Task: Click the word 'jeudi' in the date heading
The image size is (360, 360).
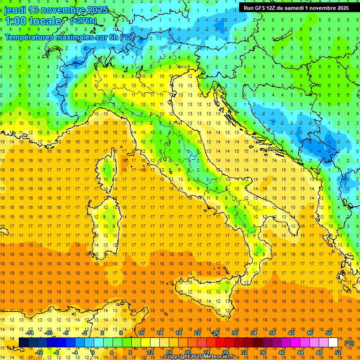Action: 15,10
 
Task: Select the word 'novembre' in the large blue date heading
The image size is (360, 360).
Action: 62,10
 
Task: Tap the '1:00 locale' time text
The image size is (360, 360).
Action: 33,21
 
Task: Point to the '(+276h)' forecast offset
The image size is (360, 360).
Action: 83,21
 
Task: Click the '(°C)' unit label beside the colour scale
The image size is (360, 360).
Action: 349,343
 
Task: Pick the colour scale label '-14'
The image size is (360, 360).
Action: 30,333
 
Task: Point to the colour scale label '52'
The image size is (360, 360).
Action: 338,352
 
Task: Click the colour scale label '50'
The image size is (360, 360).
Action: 328,333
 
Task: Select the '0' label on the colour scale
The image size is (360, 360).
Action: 92,352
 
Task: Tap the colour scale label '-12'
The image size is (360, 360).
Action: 39,352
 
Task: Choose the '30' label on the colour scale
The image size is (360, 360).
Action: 234,333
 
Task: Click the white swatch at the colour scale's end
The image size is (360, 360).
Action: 333,343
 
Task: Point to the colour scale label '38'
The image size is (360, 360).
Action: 272,333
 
